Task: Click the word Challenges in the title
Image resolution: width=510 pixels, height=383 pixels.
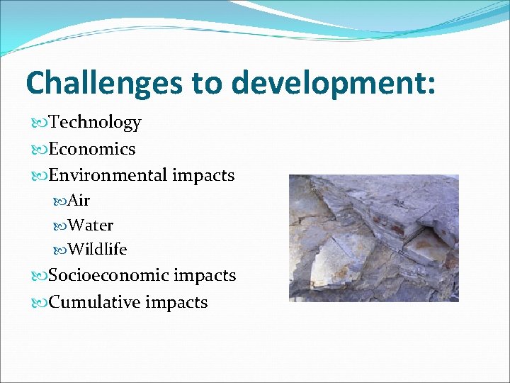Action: [103, 83]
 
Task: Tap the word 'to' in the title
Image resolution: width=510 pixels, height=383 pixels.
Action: [208, 83]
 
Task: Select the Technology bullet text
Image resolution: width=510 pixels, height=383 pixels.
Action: [95, 123]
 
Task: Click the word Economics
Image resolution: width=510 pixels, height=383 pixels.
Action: [92, 149]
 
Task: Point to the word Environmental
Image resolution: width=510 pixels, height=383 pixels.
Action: [108, 175]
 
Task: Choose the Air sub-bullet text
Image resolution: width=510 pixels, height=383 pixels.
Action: [79, 201]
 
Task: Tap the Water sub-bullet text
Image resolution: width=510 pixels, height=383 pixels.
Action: [91, 226]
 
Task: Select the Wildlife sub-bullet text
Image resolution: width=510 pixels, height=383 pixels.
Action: [97, 250]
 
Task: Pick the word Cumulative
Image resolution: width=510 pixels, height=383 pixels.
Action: [95, 302]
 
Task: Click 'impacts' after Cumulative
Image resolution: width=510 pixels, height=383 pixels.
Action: [176, 302]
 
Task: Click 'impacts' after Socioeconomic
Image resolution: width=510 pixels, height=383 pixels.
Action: [205, 275]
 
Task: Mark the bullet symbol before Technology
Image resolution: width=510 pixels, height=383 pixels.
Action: [40, 123]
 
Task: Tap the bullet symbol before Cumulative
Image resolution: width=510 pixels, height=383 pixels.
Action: [40, 303]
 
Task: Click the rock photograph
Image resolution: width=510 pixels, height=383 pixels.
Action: [373, 238]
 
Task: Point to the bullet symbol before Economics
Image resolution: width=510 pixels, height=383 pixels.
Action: [40, 150]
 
